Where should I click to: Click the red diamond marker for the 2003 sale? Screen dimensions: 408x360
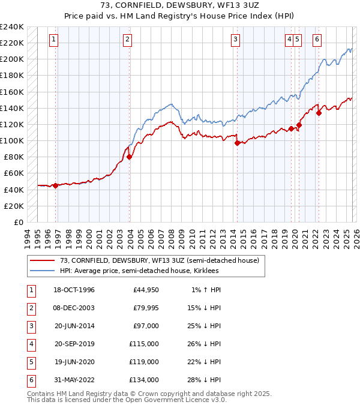click(129, 157)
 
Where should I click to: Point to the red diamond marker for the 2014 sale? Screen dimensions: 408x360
click(237, 143)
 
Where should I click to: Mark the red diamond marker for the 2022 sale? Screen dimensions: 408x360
click(319, 113)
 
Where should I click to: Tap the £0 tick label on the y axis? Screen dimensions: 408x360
click(17, 222)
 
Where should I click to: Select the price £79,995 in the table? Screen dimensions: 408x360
click(146, 308)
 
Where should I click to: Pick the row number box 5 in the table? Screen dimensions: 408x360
click(31, 362)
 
